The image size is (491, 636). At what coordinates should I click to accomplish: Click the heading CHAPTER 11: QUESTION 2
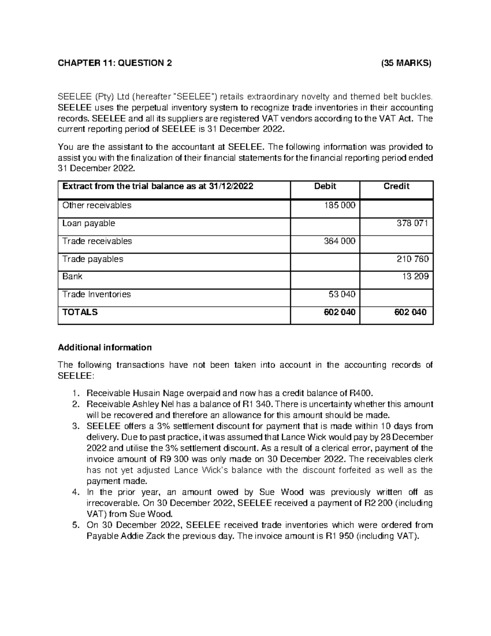[x=115, y=63]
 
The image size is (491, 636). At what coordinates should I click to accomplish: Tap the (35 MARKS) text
[x=406, y=63]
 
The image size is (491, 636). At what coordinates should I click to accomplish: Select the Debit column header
[x=325, y=186]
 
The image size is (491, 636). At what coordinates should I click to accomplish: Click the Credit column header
[x=396, y=186]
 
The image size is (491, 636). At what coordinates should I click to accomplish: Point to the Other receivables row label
[x=97, y=205]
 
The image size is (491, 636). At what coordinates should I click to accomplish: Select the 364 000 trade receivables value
[x=339, y=241]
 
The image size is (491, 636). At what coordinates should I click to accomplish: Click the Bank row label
[x=72, y=276]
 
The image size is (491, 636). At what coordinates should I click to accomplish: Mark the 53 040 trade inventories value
[x=342, y=294]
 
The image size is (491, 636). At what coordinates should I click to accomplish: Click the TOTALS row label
[x=80, y=312]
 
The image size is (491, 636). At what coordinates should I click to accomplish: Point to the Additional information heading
[x=105, y=348]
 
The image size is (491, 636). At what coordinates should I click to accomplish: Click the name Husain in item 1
[x=140, y=394]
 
